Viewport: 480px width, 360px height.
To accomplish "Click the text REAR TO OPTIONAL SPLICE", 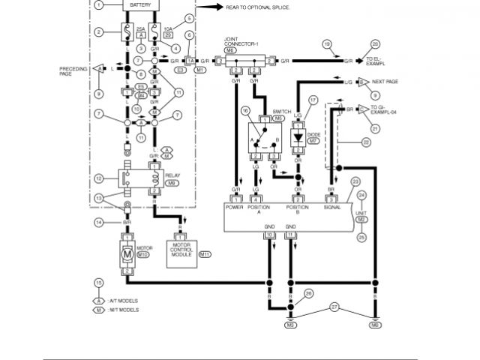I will click(x=258, y=7).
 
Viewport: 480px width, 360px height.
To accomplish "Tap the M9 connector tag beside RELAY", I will click(x=172, y=183).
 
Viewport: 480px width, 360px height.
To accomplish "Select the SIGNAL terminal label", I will click(x=332, y=208).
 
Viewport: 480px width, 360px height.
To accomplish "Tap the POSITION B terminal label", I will click(x=298, y=211).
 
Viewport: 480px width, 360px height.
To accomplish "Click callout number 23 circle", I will click(x=355, y=181).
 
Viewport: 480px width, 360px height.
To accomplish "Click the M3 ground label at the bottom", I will click(x=290, y=325).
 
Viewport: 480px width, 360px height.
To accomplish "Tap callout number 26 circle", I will click(x=307, y=293).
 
